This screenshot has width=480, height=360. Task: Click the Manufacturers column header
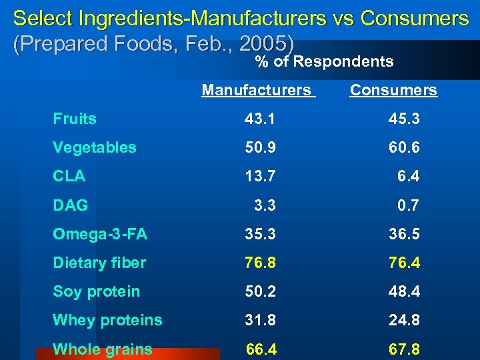(257, 90)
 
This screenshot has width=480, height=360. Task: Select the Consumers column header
(393, 90)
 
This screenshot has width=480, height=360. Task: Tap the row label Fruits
(75, 119)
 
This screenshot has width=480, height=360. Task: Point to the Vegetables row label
(95, 147)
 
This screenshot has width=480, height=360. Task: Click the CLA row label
(69, 176)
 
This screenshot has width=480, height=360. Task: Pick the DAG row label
(71, 205)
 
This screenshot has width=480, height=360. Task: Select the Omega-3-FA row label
(100, 234)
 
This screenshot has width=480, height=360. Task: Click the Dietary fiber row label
(99, 263)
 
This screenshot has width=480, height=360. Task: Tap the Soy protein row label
(97, 291)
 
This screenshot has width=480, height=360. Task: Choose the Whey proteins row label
(107, 320)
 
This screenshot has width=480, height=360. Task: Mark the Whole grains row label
(103, 349)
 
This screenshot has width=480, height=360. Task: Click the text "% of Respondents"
(325, 62)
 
